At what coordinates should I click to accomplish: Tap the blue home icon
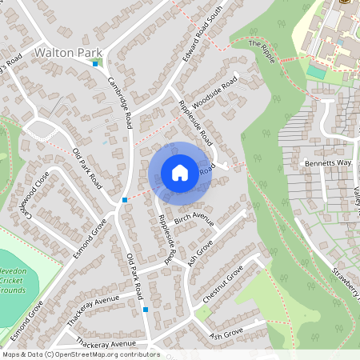click(x=180, y=173)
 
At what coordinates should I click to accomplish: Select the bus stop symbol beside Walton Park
click(x=96, y=64)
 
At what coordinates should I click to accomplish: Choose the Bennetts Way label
click(x=326, y=162)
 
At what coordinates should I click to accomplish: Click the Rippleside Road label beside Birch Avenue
click(x=166, y=240)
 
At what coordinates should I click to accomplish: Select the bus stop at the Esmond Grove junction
click(x=125, y=199)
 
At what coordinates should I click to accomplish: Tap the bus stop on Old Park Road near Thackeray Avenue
click(x=145, y=309)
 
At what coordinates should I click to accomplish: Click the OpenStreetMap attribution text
click(x=81, y=354)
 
